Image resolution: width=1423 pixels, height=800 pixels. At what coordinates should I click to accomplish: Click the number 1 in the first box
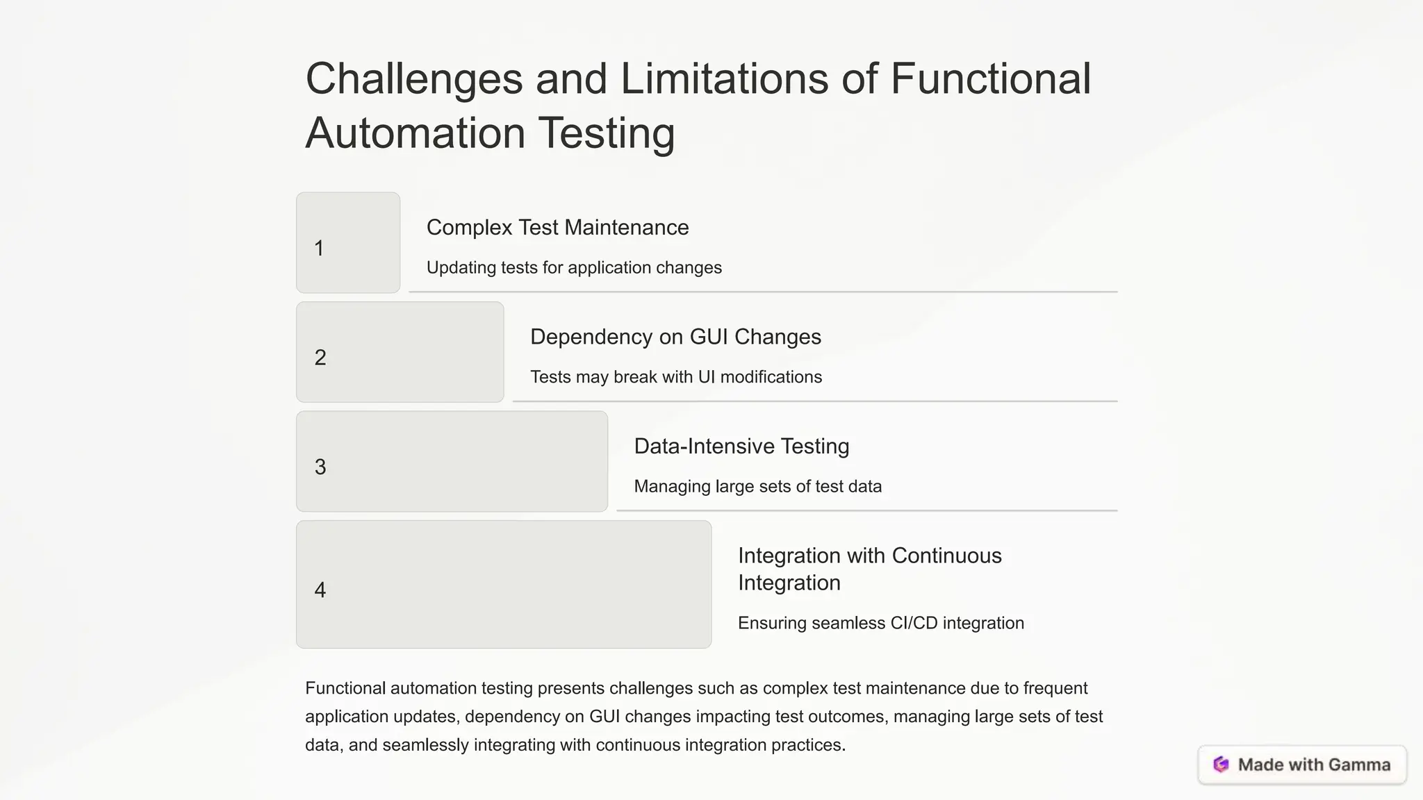(319, 249)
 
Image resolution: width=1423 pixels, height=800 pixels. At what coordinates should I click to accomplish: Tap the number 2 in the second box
(320, 358)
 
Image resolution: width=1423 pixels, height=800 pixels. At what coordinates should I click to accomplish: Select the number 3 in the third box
(320, 467)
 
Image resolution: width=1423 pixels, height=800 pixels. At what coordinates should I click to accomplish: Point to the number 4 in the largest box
(320, 590)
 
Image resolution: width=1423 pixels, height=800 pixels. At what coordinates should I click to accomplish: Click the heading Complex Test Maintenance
(557, 228)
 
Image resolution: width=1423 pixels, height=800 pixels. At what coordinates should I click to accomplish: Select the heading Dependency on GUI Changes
(675, 337)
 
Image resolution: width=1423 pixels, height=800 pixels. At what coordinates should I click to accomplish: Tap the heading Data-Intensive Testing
(741, 447)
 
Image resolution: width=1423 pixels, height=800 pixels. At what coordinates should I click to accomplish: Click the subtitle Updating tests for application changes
(574, 268)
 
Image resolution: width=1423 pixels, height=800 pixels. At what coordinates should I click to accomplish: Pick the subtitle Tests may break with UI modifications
(676, 377)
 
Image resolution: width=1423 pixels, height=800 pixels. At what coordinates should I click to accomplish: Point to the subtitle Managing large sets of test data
(757, 487)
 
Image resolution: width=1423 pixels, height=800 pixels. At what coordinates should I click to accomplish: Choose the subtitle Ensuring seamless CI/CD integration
(880, 623)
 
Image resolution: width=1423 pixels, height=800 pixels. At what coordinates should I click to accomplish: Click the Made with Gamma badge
(1302, 765)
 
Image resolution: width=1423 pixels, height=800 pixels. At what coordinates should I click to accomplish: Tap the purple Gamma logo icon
(1221, 765)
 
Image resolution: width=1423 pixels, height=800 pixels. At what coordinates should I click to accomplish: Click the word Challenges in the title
(413, 79)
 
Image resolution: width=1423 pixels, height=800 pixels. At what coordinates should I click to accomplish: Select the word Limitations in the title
(724, 79)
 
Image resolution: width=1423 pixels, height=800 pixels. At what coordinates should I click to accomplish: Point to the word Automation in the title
(415, 133)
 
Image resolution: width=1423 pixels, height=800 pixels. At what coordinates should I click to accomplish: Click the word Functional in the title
(990, 79)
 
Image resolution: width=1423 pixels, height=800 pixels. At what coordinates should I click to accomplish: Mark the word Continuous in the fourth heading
(946, 556)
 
